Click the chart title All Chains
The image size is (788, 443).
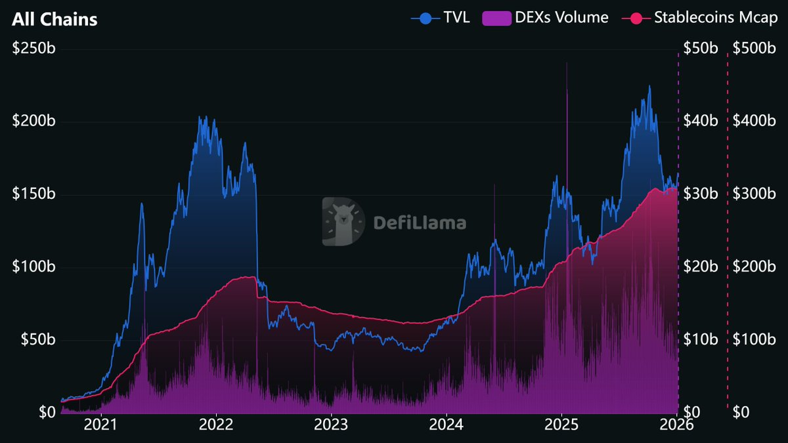click(55, 20)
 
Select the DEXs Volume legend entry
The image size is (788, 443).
click(546, 18)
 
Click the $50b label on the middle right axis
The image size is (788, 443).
click(702, 49)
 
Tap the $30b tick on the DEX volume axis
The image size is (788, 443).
click(702, 194)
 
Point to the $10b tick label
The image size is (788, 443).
click(702, 340)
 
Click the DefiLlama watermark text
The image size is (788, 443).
click(420, 222)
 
